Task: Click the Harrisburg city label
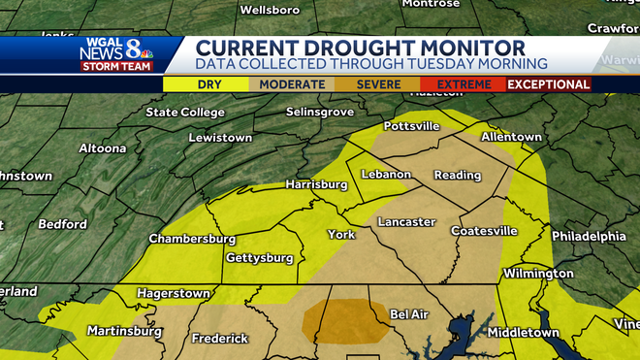(316, 184)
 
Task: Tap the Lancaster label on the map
(406, 222)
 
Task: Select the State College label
(185, 113)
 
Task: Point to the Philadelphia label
(589, 236)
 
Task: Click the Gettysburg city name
(259, 258)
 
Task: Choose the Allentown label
(510, 138)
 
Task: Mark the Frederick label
(220, 339)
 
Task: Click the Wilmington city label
(539, 274)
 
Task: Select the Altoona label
(101, 148)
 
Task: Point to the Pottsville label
(412, 127)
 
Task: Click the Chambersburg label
(192, 239)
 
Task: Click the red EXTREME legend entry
(464, 84)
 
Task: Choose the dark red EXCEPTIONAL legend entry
(549, 84)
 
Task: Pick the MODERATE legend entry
(292, 84)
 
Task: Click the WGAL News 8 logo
(117, 54)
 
